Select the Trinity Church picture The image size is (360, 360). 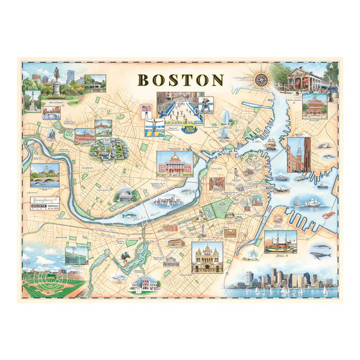click(207, 257)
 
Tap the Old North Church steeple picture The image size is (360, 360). click(299, 155)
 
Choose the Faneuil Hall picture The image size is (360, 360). click(314, 106)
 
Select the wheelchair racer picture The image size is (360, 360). click(206, 105)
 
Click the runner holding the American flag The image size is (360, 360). click(146, 112)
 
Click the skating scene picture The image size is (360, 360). click(52, 113)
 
